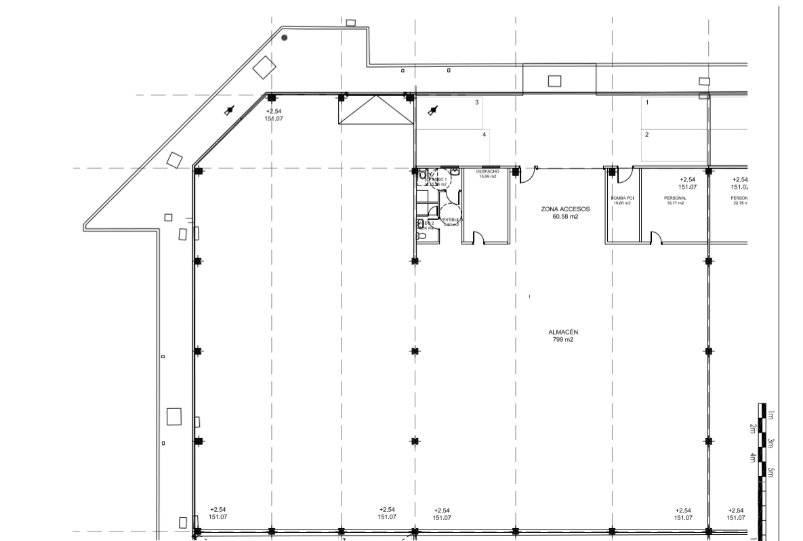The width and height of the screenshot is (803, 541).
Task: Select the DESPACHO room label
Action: point(487,171)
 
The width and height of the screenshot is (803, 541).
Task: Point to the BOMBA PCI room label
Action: point(621,198)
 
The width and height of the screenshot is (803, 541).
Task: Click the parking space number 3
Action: point(477,103)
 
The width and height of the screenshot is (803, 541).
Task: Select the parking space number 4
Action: point(484,135)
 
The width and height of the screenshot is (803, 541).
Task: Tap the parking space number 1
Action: point(647,103)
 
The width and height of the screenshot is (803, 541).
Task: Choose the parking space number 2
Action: point(647,135)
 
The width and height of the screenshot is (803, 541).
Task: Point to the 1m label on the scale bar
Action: point(771,414)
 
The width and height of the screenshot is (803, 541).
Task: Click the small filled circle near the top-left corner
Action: point(285,38)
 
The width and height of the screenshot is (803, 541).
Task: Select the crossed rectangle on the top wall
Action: point(376,110)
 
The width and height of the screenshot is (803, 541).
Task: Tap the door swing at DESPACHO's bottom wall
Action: point(478,237)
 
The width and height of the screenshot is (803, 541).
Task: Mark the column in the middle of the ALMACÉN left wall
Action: point(198,351)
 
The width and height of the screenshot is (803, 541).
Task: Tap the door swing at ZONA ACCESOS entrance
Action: point(526,175)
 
